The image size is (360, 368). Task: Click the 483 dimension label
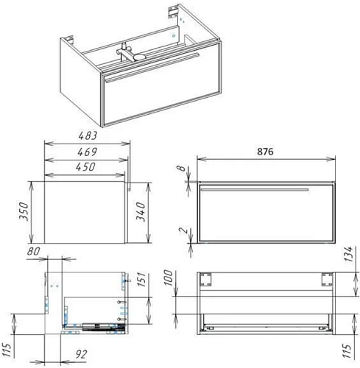click(x=88, y=135)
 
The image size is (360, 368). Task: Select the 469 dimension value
click(x=87, y=152)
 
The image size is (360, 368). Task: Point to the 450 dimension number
click(x=85, y=167)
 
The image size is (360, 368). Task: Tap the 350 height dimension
click(x=24, y=211)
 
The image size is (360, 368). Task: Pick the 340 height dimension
click(x=141, y=212)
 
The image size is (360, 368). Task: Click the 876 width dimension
click(x=265, y=152)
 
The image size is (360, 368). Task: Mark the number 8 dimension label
click(x=180, y=169)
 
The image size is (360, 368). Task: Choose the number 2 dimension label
click(x=183, y=230)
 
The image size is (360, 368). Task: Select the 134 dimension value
click(x=348, y=254)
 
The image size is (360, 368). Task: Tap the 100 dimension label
click(x=169, y=277)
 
